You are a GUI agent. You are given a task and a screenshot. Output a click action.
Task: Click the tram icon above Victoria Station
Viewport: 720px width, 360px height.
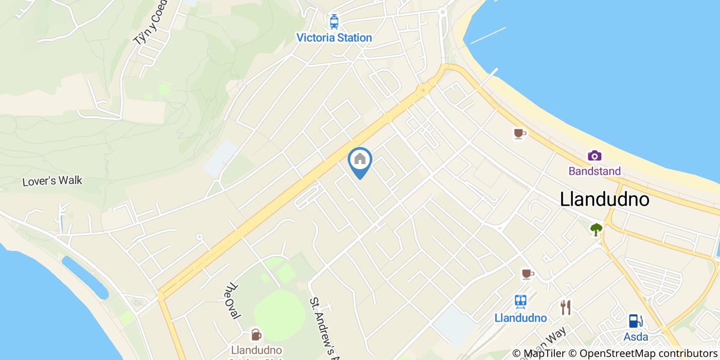pyautogui.click(x=334, y=22)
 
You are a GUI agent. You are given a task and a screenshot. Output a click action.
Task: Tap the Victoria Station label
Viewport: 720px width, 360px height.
pyautogui.click(x=334, y=38)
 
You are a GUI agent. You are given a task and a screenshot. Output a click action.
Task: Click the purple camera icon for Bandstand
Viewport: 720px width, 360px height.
pyautogui.click(x=595, y=155)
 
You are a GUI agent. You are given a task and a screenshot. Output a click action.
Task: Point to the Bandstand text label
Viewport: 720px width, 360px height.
pyautogui.click(x=595, y=171)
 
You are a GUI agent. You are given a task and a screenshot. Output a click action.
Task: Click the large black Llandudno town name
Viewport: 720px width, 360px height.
pyautogui.click(x=604, y=199)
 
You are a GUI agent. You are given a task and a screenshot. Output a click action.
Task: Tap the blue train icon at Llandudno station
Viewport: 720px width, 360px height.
pyautogui.click(x=520, y=302)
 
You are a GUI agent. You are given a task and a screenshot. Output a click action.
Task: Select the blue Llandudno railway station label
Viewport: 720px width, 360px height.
pyautogui.click(x=520, y=318)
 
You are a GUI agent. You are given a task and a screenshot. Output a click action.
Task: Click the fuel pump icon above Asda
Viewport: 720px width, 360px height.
pyautogui.click(x=636, y=321)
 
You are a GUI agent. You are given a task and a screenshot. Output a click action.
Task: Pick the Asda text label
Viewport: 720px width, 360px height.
pyautogui.click(x=636, y=337)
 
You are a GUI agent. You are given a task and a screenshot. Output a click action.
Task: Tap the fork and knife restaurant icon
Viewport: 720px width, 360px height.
pyautogui.click(x=566, y=308)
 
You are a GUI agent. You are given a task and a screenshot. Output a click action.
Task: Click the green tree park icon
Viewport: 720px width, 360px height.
pyautogui.click(x=596, y=229)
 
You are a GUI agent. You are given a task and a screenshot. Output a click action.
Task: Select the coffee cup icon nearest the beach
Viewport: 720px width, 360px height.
pyautogui.click(x=519, y=134)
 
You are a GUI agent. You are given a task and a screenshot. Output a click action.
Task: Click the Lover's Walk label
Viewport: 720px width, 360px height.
pyautogui.click(x=52, y=181)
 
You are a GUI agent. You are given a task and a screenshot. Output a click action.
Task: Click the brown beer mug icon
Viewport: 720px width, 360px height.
pyautogui.click(x=256, y=335)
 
